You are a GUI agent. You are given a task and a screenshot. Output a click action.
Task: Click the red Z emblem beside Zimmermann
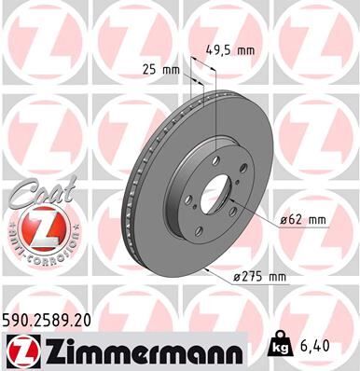(20, 351)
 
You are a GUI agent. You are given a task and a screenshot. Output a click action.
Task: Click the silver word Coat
(35, 194)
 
